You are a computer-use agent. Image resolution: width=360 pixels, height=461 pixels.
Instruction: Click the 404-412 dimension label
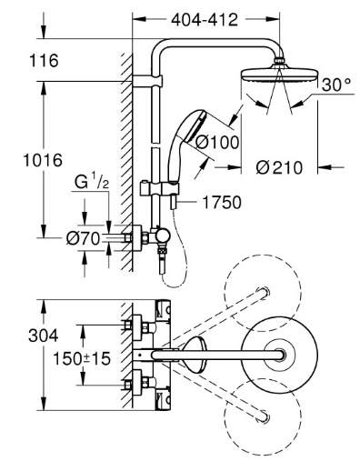pyautogui.click(x=205, y=20)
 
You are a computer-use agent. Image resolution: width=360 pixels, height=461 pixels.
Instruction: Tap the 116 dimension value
pyautogui.click(x=44, y=61)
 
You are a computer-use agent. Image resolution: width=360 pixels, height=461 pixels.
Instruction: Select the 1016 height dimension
pyautogui.click(x=43, y=160)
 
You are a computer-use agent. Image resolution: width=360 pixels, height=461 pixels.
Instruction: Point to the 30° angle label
pyautogui.click(x=336, y=85)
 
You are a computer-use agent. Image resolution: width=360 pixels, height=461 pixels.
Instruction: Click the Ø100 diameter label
pyautogui.click(x=217, y=142)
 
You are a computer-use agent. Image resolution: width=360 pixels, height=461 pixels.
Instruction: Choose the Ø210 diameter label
pyautogui.click(x=279, y=167)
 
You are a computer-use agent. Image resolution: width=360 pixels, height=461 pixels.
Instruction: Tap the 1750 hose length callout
pyautogui.click(x=222, y=203)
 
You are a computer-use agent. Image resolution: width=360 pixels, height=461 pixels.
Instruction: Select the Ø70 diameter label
pyautogui.click(x=83, y=239)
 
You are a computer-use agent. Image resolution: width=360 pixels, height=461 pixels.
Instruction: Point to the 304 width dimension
pyautogui.click(x=44, y=336)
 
